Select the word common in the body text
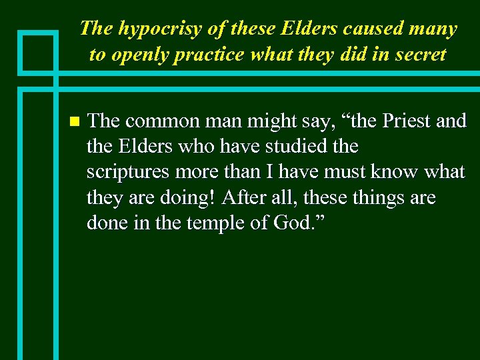(x=157, y=121)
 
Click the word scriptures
(x=129, y=171)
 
